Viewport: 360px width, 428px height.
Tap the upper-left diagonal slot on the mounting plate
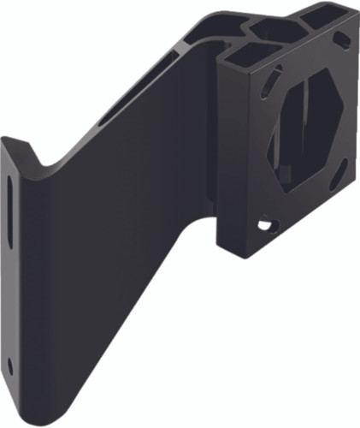tap(267, 82)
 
